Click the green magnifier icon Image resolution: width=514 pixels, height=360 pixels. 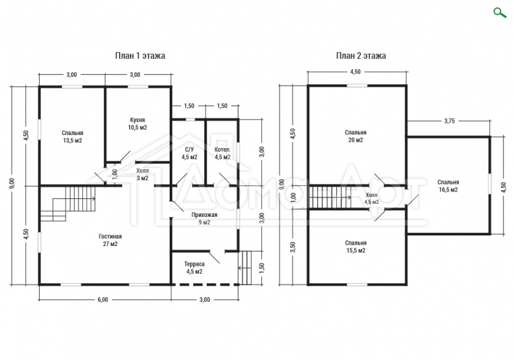point(500,13)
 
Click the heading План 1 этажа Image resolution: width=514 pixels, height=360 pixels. point(140,56)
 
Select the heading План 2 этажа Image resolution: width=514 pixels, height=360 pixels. point(361,56)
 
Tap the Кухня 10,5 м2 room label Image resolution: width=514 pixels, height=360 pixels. point(137,123)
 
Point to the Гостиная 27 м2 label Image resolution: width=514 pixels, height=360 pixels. point(110,240)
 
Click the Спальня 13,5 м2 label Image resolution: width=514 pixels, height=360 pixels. point(72,137)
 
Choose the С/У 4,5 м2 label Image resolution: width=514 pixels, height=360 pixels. point(189,154)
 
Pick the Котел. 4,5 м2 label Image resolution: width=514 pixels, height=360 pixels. point(222,154)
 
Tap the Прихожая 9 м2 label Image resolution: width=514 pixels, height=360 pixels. point(204,218)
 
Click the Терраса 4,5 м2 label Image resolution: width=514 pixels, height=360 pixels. point(194,268)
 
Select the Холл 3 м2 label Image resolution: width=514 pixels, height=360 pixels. point(142,175)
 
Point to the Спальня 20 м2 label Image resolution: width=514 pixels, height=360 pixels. point(355,136)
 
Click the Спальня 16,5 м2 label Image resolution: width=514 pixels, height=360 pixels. point(448,185)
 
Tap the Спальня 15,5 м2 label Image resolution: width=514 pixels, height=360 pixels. point(355,247)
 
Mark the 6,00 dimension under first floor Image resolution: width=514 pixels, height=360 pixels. point(103,300)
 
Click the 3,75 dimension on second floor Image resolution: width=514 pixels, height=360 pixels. point(450,121)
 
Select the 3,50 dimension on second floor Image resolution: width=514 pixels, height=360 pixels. point(293,247)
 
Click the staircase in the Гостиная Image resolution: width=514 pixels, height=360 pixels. point(68,204)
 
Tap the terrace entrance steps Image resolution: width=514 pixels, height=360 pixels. point(245,268)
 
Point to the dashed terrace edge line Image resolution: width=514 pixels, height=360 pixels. point(205,284)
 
